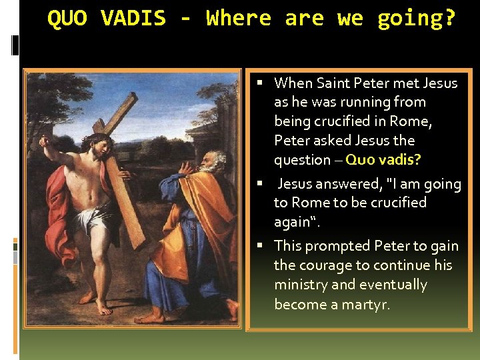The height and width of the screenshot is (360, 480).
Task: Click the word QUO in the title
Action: click(67, 19)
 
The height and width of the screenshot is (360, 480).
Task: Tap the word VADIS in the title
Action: click(133, 19)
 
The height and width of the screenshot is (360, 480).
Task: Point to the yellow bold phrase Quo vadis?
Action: click(383, 160)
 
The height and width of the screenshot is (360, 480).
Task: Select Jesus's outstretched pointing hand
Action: click(45, 141)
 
